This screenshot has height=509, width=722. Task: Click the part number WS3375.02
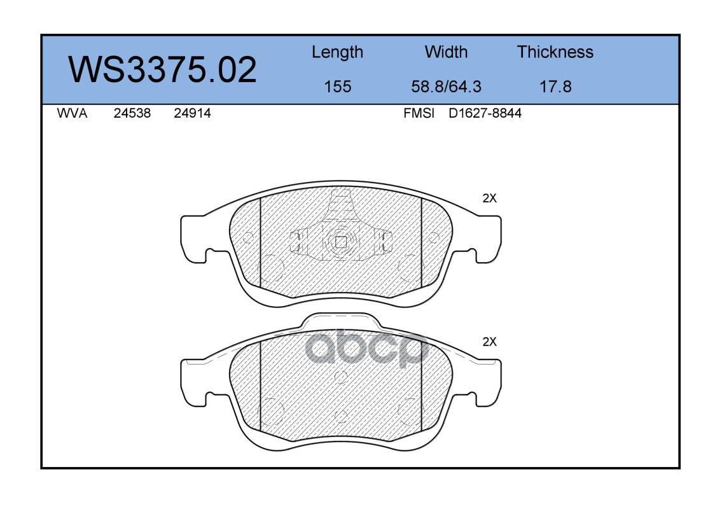(162, 70)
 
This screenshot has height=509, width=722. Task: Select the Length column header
(337, 52)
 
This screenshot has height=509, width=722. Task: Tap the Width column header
(446, 52)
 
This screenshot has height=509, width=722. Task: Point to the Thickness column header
(555, 52)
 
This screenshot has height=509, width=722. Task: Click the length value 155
(338, 86)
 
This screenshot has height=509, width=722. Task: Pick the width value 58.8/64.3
(446, 86)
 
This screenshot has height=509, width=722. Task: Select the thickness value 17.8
(555, 86)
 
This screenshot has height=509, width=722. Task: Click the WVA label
(72, 113)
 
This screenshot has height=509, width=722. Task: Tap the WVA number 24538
(132, 113)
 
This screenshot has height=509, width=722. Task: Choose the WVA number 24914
(192, 113)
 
